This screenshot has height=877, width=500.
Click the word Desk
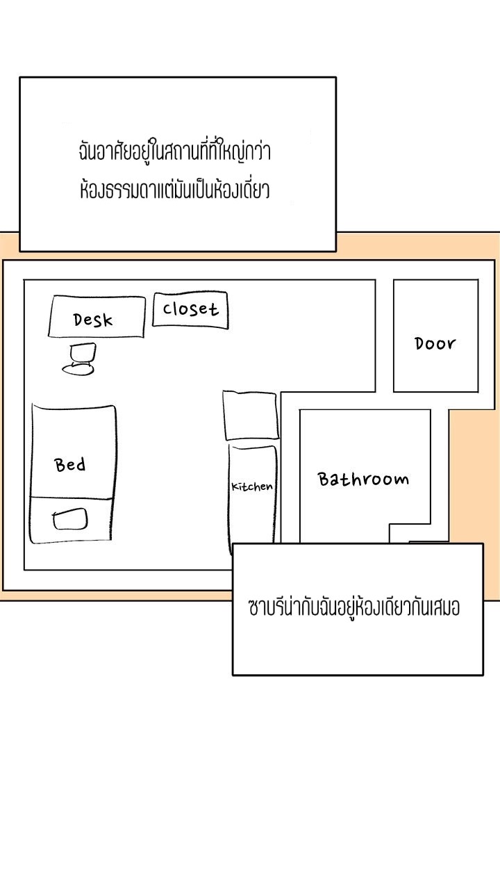pos(93,320)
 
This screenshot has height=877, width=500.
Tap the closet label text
pos(190,309)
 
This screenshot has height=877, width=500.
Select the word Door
pos(435,343)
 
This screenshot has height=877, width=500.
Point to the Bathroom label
pos(363,480)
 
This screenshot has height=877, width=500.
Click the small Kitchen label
pos(252,486)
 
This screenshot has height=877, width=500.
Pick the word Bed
pos(69,465)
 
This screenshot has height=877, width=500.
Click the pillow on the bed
pos(70,519)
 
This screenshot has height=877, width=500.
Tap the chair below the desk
pos(79,359)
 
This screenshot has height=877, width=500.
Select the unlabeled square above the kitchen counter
pos(251,416)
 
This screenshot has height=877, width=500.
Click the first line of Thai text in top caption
pos(174,151)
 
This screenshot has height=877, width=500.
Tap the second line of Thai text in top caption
pos(174,189)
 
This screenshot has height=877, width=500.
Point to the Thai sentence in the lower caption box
pos(354,607)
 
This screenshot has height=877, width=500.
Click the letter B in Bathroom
pos(324,479)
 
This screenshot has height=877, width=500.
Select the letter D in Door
pos(420,343)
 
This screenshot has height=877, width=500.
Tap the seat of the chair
pos(78,369)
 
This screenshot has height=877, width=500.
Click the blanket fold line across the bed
pos(72,498)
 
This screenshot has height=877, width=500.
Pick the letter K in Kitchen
pos(235,487)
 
